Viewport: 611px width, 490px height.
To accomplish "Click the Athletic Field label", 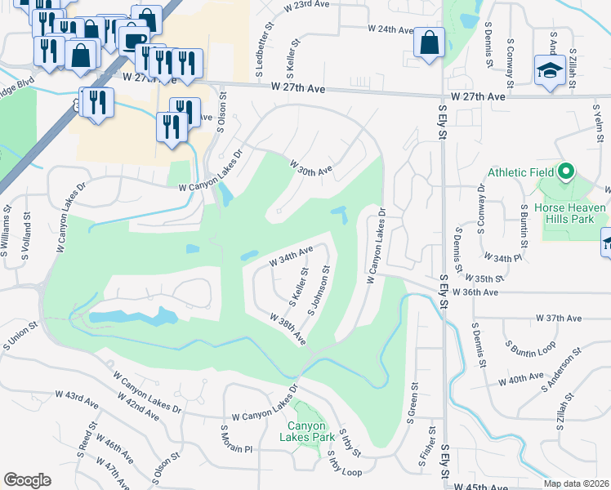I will click(520, 172).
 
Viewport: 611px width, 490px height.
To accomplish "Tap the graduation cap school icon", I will click(550, 70).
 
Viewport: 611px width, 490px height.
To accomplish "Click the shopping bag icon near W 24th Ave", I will click(429, 44).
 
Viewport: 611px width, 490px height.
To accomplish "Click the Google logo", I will click(27, 479).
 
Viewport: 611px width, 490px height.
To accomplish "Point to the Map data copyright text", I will click(577, 483).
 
